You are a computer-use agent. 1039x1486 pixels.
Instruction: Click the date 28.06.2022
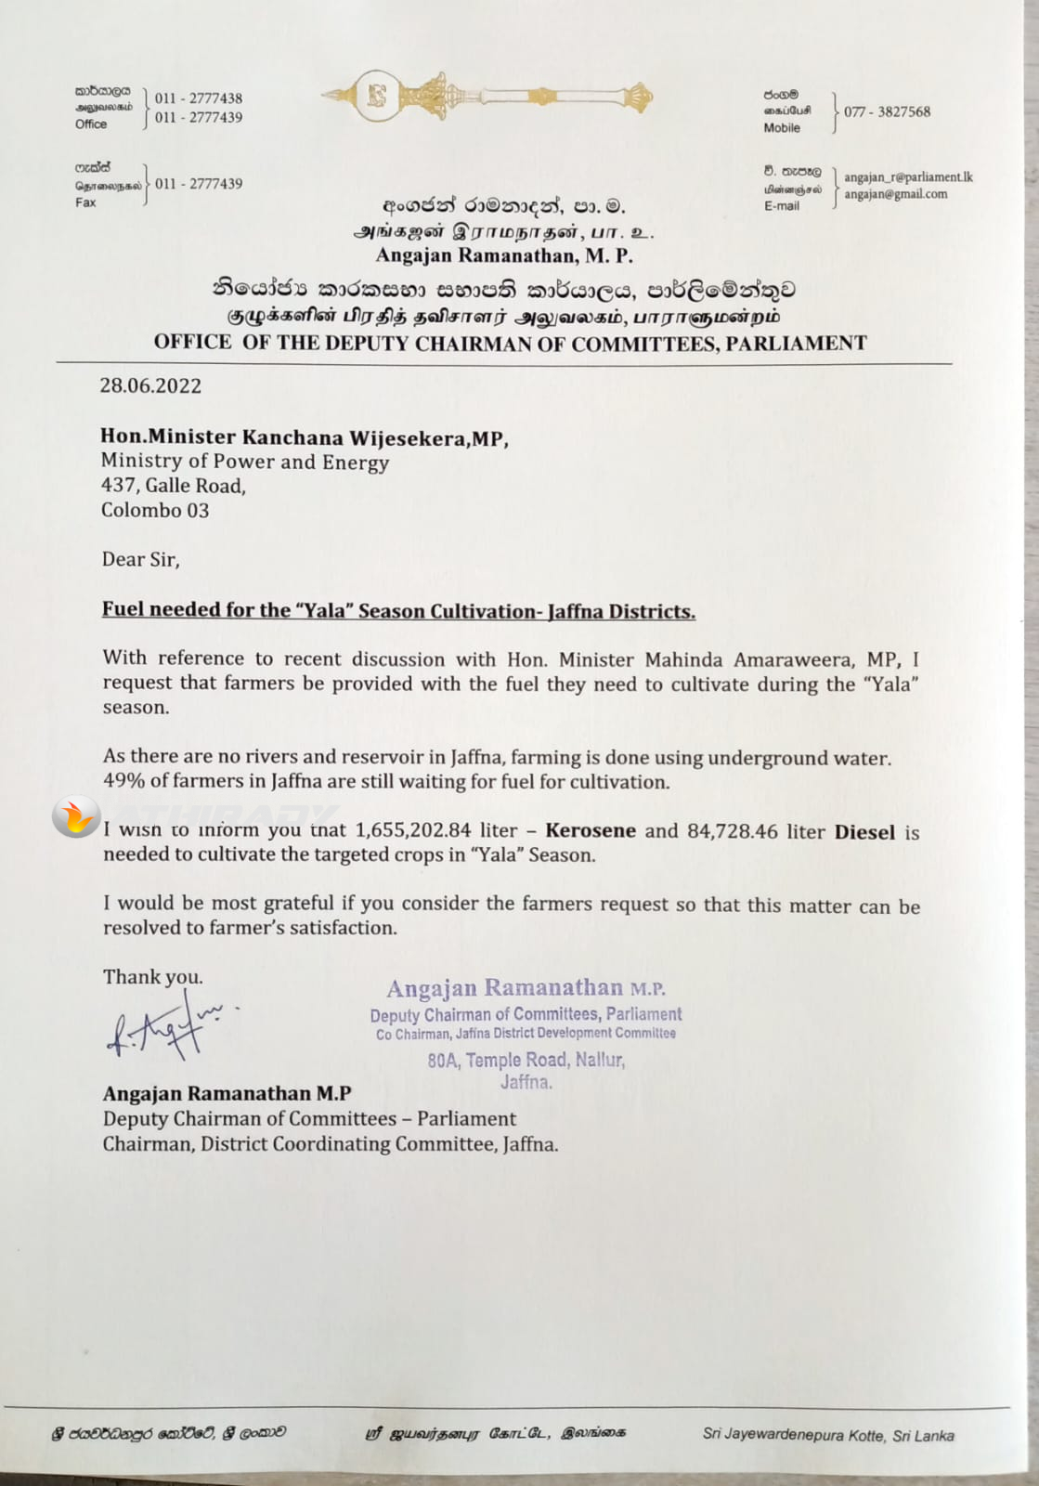(150, 386)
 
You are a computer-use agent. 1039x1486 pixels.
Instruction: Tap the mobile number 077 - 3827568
(887, 111)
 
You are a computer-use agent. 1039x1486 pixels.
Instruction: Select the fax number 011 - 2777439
(199, 184)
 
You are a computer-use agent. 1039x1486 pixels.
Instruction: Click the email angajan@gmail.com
(895, 194)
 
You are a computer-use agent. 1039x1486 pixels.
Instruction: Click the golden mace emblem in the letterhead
(487, 96)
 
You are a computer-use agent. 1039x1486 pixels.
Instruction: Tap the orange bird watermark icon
(75, 817)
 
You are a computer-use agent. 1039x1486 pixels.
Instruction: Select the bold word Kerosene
(591, 830)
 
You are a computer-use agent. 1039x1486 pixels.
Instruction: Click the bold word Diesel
(864, 832)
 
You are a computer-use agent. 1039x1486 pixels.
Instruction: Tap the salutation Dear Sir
(140, 559)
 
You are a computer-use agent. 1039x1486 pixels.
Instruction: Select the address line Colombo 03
(155, 510)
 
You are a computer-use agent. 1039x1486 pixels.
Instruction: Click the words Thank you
(152, 977)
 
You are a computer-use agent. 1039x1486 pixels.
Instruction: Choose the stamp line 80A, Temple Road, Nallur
(526, 1060)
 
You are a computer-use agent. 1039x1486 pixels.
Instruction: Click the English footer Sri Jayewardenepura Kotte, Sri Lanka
(827, 1435)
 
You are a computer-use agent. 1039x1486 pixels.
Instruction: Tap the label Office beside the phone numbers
(91, 124)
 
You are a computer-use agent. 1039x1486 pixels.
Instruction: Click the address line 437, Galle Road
(173, 485)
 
